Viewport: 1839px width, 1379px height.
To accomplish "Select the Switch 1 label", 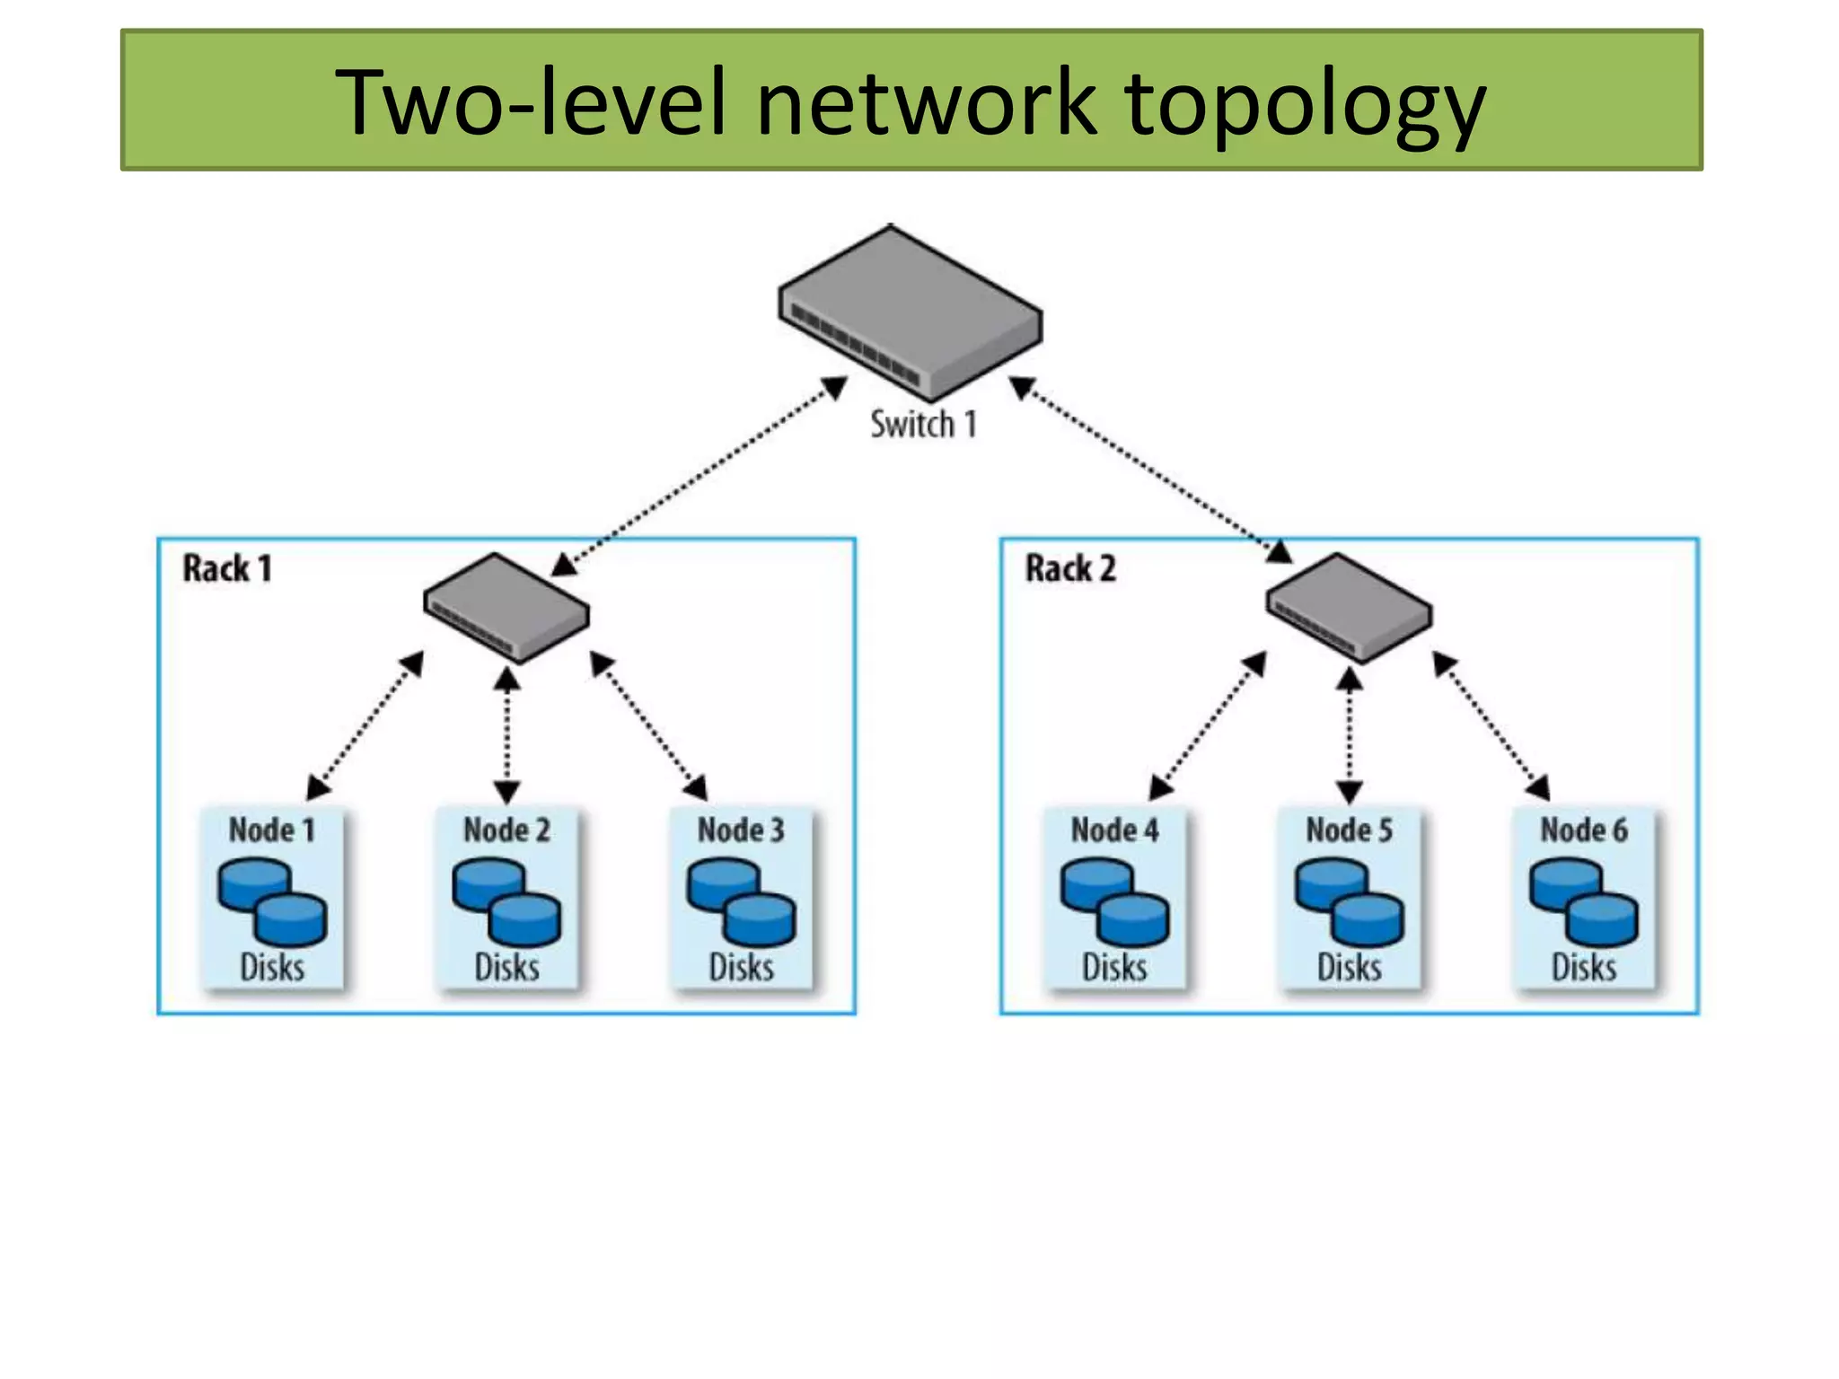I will click(x=923, y=424).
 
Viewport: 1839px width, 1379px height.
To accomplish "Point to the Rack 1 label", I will click(x=227, y=568).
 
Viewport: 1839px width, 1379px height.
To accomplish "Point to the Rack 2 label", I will click(x=1070, y=568).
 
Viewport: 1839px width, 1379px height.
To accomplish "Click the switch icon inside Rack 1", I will click(x=506, y=608).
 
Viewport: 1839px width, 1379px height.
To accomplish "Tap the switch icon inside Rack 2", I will click(x=1349, y=608).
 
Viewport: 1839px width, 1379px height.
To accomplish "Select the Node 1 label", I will click(x=272, y=830).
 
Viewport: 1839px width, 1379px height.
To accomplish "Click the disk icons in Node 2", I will click(x=506, y=901).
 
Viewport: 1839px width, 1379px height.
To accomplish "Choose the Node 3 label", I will click(x=741, y=830).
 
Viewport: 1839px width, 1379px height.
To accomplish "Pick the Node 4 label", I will click(x=1114, y=830).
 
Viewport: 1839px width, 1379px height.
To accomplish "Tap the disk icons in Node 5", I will click(x=1349, y=901).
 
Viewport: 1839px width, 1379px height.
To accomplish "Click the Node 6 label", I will click(x=1584, y=830).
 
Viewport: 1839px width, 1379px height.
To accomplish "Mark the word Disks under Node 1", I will click(x=272, y=967).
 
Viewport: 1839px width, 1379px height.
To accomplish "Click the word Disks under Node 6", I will click(x=1584, y=967).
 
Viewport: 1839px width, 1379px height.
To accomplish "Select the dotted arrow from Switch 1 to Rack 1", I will click(x=700, y=476).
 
